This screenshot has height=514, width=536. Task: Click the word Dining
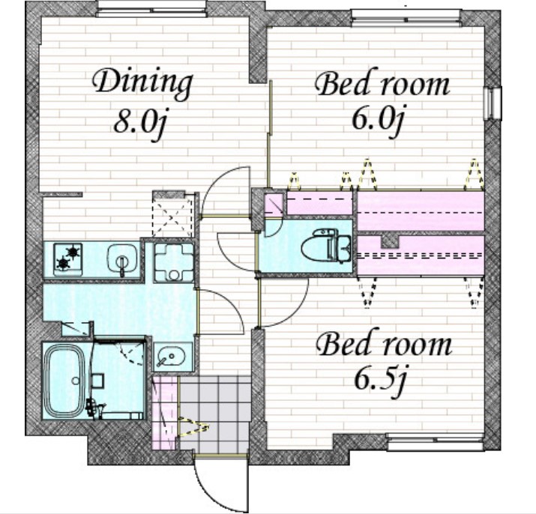pyautogui.click(x=143, y=84)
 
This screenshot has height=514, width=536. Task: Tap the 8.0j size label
pyautogui.click(x=141, y=123)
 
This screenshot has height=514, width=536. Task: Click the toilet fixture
pyautogui.click(x=326, y=247)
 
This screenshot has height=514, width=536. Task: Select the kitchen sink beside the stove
pyautogui.click(x=122, y=259)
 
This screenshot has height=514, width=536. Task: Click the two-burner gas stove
pyautogui.click(x=68, y=258)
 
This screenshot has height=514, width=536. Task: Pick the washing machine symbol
pyautogui.click(x=173, y=261)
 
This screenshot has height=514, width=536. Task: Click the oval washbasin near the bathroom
pyautogui.click(x=171, y=358)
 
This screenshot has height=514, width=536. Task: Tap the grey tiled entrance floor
pyautogui.click(x=215, y=414)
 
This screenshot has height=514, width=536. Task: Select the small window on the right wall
pyautogui.click(x=493, y=103)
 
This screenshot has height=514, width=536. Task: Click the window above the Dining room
pyautogui.click(x=151, y=8)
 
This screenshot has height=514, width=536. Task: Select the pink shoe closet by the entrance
pyautogui.click(x=165, y=414)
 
